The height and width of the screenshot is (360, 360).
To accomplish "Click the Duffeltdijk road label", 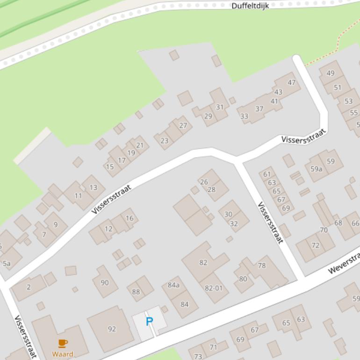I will pos(250,6).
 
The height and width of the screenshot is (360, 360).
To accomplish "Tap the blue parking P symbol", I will pos(149,322).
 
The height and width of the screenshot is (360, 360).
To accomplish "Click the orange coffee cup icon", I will pos(63,344).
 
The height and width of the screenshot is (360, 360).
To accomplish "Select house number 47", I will pos(292,83).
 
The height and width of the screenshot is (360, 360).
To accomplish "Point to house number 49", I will pos(331,73).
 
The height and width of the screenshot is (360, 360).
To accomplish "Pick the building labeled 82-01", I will pos(214,288).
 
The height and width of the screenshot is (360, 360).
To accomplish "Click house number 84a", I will pos(173,285).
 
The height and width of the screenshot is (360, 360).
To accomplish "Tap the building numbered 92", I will pos(112,329).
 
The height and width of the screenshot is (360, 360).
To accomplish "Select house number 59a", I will pos(317,169).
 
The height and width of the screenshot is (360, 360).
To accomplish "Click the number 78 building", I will pos(262,266).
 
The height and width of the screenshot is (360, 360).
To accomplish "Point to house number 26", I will pos(204,182).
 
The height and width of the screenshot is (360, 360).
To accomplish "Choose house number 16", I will pos(130,218).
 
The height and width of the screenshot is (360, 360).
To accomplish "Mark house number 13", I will pos(94,187).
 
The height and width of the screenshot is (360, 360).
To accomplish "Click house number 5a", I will pos(7,264).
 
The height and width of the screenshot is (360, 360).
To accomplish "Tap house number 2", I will pos(29,287).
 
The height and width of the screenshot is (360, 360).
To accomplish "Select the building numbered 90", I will pos(105,282).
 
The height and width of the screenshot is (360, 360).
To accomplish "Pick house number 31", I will pos(219,107).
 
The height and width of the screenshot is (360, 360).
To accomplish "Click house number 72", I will pos(315,245).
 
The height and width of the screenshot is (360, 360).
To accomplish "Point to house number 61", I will pos(267,174).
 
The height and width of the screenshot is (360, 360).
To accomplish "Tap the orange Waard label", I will pos(63,354).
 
